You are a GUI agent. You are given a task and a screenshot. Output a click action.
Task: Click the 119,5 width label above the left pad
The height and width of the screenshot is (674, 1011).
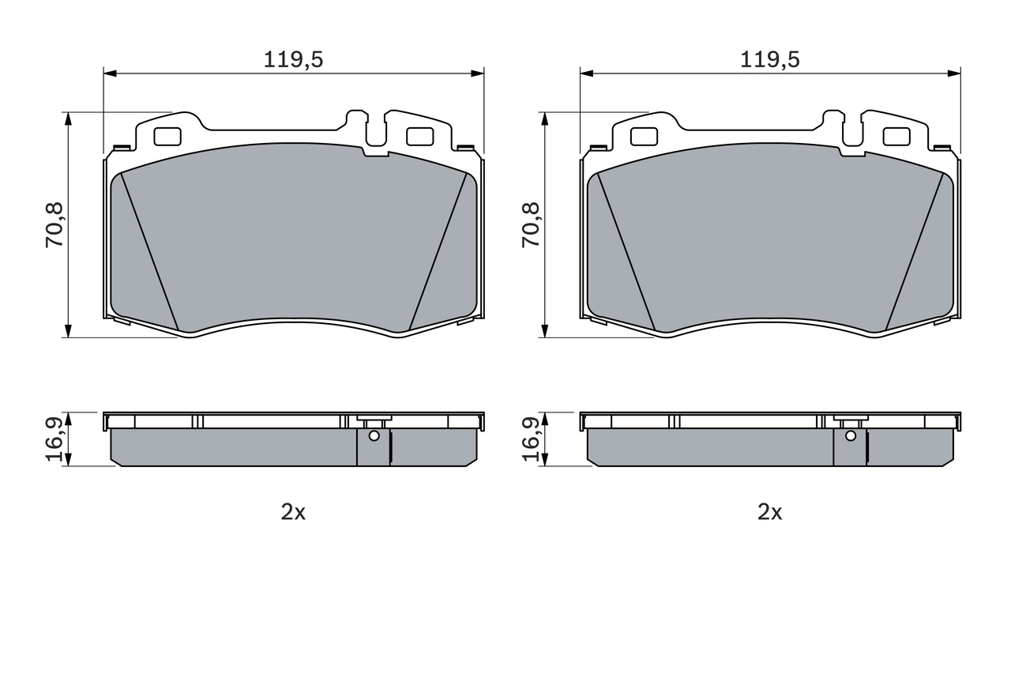click(x=293, y=59)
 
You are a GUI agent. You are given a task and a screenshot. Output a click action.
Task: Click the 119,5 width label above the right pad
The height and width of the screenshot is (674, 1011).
click(x=770, y=59)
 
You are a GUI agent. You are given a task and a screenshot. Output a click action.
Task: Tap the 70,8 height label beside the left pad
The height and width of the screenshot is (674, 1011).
click(x=56, y=225)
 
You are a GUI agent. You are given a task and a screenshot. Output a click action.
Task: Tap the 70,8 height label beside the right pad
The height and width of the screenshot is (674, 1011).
click(x=532, y=225)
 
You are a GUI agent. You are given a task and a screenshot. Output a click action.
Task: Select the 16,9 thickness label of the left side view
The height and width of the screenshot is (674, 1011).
click(x=56, y=439)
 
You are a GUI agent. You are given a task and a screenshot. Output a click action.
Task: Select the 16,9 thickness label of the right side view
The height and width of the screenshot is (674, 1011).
click(x=532, y=439)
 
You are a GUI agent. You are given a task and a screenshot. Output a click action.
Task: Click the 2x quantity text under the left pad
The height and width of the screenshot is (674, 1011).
click(x=293, y=512)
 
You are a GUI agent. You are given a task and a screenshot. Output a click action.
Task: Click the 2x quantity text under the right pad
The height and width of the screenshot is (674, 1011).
click(x=770, y=512)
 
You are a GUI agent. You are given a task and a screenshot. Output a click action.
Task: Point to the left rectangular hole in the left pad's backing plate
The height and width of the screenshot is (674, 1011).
click(x=167, y=137)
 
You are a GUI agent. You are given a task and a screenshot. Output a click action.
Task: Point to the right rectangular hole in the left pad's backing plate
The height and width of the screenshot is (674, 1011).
click(x=420, y=137)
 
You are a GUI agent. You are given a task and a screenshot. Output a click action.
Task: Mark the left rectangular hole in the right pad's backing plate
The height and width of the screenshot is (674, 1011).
click(x=644, y=137)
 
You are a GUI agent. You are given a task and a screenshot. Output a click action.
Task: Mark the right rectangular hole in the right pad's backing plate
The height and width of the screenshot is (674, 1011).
click(x=896, y=137)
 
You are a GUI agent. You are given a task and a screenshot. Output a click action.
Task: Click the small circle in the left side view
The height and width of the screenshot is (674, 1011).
click(x=374, y=435)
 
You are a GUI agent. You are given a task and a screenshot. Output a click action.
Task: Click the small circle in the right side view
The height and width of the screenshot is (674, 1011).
click(x=851, y=435)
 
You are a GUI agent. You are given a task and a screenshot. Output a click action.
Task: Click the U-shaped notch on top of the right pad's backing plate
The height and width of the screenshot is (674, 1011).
click(x=853, y=130)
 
